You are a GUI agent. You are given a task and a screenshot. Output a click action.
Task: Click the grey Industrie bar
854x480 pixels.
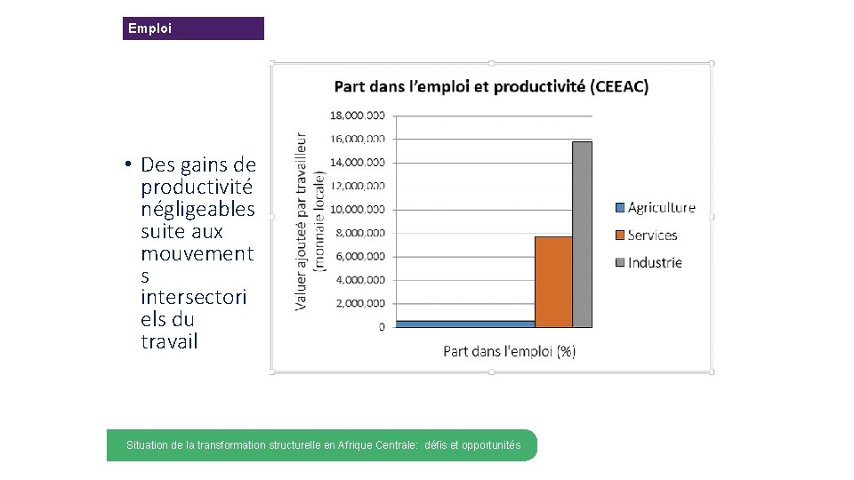pyautogui.click(x=582, y=235)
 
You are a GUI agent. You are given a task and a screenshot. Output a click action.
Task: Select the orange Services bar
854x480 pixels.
pyautogui.click(x=553, y=282)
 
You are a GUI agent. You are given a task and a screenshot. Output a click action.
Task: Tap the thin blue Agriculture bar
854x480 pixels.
pyautogui.click(x=465, y=324)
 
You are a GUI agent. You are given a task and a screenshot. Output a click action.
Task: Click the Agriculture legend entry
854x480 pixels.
pyautogui.click(x=655, y=208)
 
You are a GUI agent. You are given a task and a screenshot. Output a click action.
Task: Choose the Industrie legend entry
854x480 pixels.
pyautogui.click(x=649, y=262)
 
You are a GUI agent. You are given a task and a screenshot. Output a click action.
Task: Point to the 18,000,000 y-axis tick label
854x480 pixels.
pyautogui.click(x=358, y=115)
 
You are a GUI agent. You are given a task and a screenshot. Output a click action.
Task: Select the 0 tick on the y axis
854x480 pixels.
pyautogui.click(x=382, y=327)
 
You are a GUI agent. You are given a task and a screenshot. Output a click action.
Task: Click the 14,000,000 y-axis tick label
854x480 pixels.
pyautogui.click(x=358, y=162)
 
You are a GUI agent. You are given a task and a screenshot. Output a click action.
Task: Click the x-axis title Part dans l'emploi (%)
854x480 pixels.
pyautogui.click(x=510, y=351)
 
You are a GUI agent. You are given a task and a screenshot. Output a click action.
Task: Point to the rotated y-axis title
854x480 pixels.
pyautogui.click(x=310, y=222)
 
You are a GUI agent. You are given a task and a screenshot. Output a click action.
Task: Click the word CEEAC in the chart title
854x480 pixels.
pyautogui.click(x=619, y=86)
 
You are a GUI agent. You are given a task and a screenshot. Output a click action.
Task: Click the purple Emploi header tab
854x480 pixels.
pyautogui.click(x=193, y=28)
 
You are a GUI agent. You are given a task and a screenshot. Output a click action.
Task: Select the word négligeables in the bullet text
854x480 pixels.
pyautogui.click(x=197, y=210)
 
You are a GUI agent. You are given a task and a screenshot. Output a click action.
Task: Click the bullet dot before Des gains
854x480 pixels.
pyautogui.click(x=129, y=164)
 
